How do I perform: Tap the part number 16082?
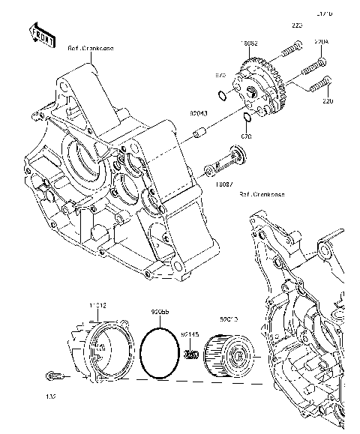click(x=249, y=44)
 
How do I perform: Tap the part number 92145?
click(x=188, y=334)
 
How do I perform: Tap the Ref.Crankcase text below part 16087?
click(x=262, y=194)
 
